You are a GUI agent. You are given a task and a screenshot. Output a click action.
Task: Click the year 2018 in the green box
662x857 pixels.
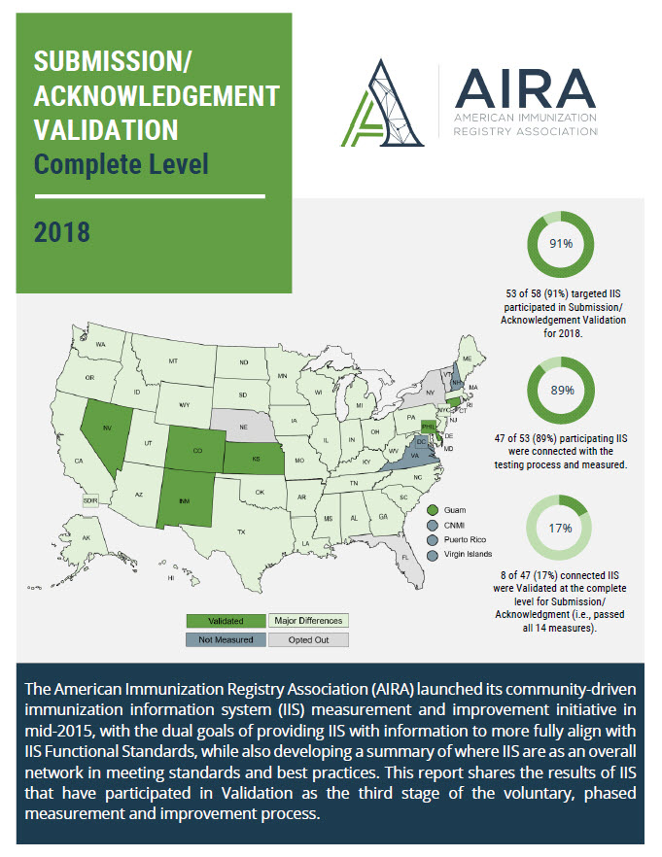click(x=62, y=233)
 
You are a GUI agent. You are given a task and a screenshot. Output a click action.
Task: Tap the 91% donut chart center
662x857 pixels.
click(x=560, y=244)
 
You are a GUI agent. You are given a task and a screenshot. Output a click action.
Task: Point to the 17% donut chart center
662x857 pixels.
click(x=560, y=529)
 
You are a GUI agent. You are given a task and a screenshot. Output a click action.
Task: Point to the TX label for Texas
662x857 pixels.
click(x=241, y=531)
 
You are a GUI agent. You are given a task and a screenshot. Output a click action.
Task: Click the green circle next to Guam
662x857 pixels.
click(x=431, y=510)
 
